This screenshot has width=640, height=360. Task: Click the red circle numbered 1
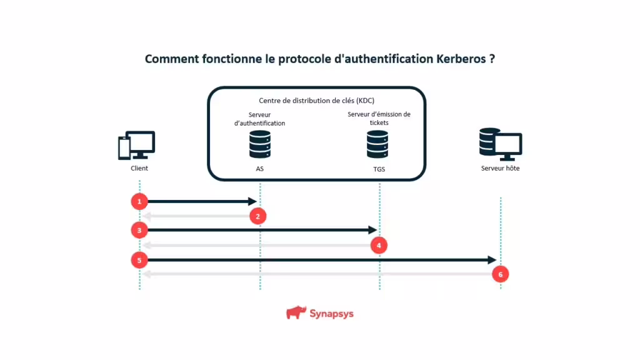139,201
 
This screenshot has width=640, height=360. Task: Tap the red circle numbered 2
258,216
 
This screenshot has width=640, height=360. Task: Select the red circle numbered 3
139,230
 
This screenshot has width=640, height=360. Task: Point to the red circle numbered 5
139,259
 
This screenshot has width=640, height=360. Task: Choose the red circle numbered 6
500,274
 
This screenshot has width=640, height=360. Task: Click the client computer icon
137,145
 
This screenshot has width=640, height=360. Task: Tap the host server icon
500,144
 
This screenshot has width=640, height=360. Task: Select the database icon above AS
260,144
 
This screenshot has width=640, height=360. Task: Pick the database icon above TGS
378,144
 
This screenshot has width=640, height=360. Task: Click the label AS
260,169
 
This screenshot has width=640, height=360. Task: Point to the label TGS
378,169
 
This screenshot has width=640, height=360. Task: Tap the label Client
139,168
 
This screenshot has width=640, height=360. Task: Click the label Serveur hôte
500,168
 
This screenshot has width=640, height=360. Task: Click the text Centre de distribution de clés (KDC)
316,101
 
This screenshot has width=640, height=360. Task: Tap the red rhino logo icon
296,312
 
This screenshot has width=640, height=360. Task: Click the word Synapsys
331,313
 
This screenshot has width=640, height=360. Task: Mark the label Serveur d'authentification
259,119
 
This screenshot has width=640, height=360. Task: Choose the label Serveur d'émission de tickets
379,118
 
